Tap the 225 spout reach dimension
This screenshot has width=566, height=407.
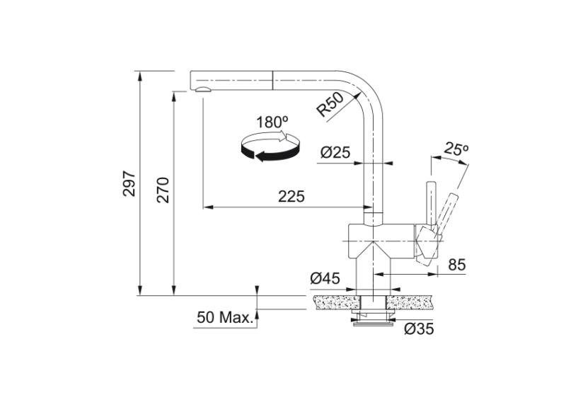click(x=291, y=197)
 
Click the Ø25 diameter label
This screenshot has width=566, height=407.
click(x=336, y=151)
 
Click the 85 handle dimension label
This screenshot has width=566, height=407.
click(x=457, y=265)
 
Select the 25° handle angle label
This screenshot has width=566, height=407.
click(x=457, y=149)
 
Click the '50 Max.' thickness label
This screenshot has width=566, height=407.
click(x=225, y=317)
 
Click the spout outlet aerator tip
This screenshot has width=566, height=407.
click(x=202, y=90)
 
